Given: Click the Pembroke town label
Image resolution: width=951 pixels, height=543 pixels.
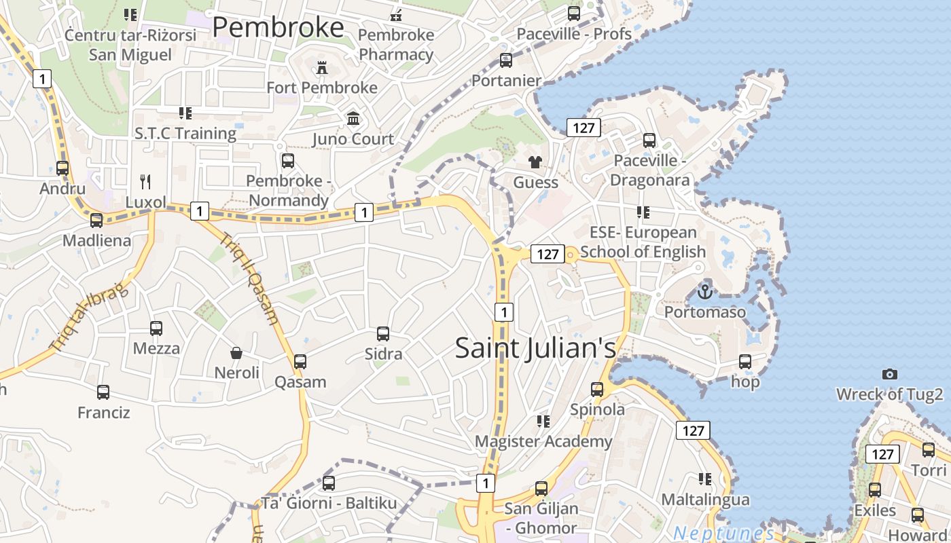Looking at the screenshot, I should pyautogui.click(x=279, y=27).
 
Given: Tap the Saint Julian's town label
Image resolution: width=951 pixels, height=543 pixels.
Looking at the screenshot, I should pyautogui.click(x=535, y=348).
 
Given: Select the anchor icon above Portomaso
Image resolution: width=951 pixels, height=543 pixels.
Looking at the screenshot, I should pyautogui.click(x=705, y=293).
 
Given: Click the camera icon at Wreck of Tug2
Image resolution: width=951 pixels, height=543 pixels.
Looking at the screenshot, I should pyautogui.click(x=889, y=374).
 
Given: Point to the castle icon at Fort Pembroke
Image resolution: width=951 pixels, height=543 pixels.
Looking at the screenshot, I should pyautogui.click(x=322, y=67).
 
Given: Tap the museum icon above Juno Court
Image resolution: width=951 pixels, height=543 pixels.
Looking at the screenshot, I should pyautogui.click(x=353, y=119).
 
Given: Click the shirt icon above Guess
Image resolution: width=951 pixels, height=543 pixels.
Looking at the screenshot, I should pyautogui.click(x=535, y=162).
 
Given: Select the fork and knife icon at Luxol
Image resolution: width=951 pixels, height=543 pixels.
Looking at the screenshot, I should pyautogui.click(x=145, y=181).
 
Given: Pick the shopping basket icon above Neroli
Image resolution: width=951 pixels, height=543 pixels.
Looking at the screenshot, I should pyautogui.click(x=236, y=352).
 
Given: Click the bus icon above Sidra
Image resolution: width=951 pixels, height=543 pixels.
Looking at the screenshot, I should pyautogui.click(x=383, y=333).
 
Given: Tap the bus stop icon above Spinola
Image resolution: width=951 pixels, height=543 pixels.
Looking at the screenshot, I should pyautogui.click(x=597, y=389).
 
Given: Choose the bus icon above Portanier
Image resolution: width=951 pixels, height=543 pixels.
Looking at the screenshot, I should pyautogui.click(x=506, y=60).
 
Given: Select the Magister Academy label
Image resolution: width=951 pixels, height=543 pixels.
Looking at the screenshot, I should pyautogui.click(x=543, y=441).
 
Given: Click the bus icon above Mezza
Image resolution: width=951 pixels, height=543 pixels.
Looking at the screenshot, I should pyautogui.click(x=156, y=328).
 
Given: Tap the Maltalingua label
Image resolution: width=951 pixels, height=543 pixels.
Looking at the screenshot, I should pyautogui.click(x=705, y=500).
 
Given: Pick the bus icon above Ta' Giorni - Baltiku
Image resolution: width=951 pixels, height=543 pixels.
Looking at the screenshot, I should pyautogui.click(x=329, y=483).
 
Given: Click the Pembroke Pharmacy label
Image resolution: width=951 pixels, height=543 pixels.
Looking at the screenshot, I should pyautogui.click(x=396, y=45).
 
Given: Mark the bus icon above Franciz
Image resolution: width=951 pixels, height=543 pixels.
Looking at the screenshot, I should pyautogui.click(x=103, y=392).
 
